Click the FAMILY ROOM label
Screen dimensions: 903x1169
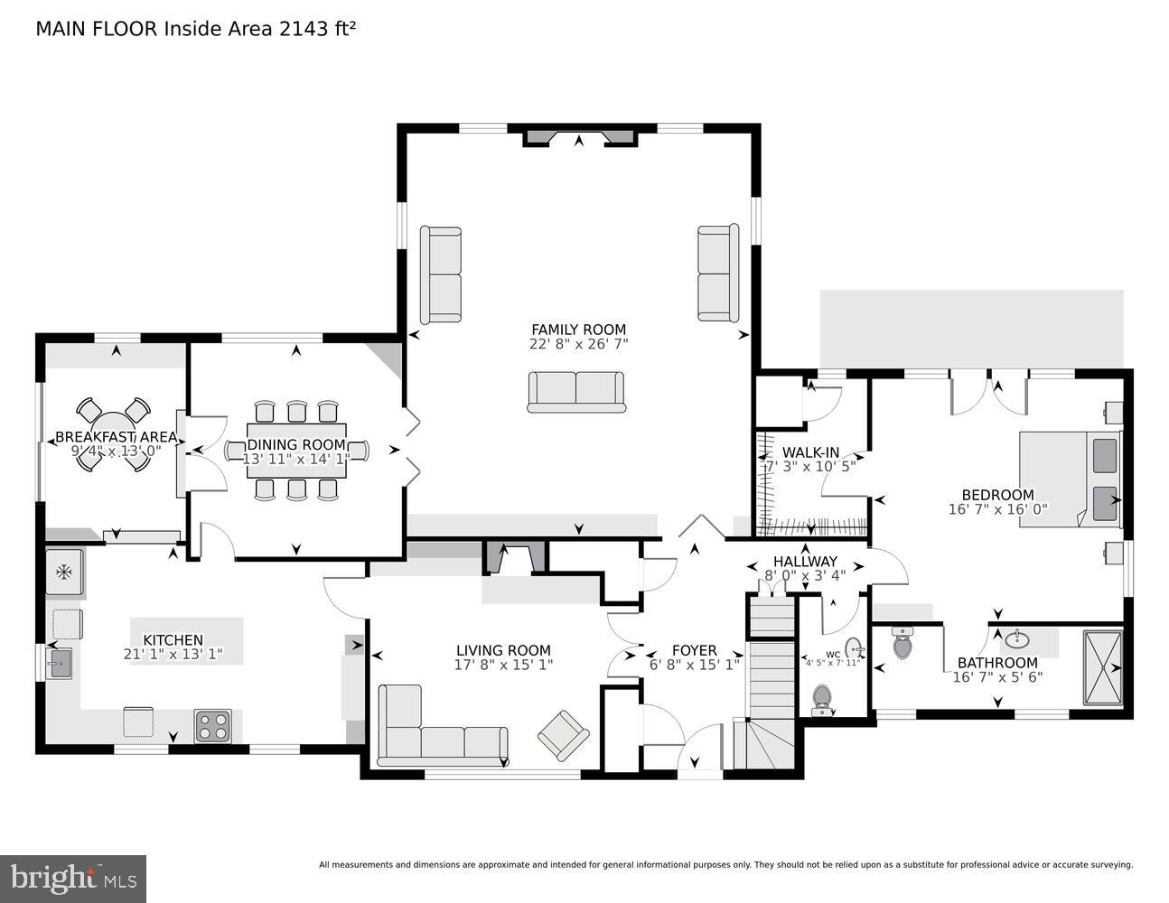(578, 330)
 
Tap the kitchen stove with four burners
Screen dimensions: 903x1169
(212, 725)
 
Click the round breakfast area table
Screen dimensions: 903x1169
(113, 434)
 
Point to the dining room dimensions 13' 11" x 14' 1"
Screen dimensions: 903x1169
(295, 459)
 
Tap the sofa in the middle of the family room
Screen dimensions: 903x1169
(576, 392)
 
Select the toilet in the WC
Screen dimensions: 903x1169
(821, 697)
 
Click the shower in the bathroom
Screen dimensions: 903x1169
(1103, 667)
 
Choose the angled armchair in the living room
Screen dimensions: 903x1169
(564, 733)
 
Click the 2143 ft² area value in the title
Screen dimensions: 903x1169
(316, 28)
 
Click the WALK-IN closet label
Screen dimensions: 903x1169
(810, 452)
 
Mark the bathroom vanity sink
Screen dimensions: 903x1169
(1018, 639)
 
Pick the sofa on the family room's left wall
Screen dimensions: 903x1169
(441, 275)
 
